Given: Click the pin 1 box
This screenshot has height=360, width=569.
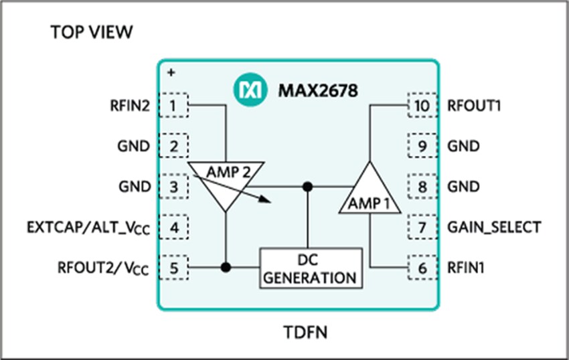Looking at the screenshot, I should coord(174,105).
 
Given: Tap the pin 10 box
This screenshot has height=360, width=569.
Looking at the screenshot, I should coord(422,105).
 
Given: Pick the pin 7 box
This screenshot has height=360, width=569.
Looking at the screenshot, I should coord(422,227).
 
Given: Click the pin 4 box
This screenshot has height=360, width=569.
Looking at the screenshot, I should coord(174,227).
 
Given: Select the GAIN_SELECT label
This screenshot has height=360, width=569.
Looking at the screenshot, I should coord(492,227).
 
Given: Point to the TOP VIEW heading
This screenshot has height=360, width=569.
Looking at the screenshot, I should coord(91,32).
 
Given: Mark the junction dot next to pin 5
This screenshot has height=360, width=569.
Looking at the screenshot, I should coord(226,267).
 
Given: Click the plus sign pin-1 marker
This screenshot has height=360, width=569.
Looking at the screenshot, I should coord(171,72).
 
